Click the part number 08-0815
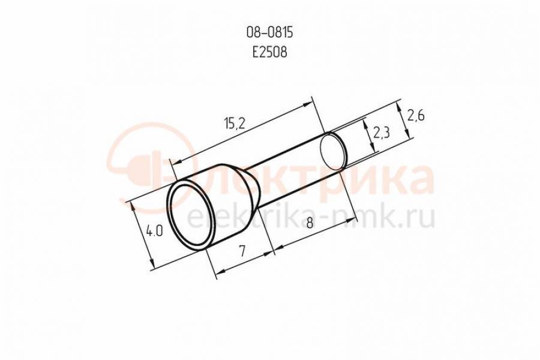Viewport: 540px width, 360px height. click(x=269, y=33)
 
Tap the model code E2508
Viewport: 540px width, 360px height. click(x=269, y=52)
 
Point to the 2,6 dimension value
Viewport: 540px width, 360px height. click(x=416, y=115)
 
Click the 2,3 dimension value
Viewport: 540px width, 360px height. click(x=381, y=132)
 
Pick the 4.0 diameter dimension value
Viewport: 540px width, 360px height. click(x=154, y=230)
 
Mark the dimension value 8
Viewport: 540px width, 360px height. click(x=310, y=223)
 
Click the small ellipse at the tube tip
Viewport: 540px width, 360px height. click(x=333, y=151)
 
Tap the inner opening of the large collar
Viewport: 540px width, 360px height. click(x=191, y=215)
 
